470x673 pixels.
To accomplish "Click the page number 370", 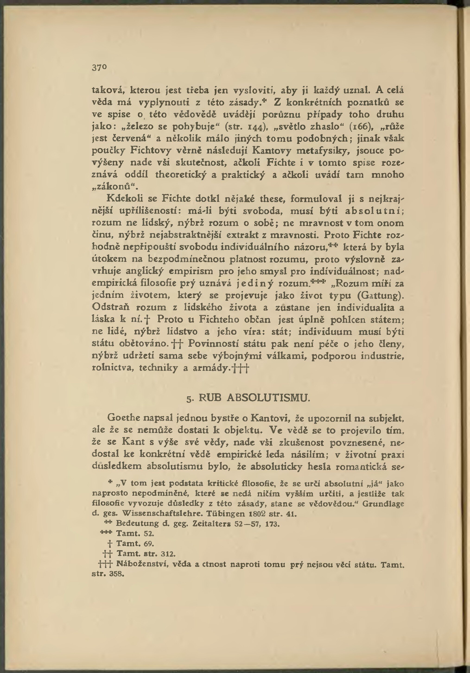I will [x=99, y=68].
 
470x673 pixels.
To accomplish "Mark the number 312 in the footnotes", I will [x=168, y=554].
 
